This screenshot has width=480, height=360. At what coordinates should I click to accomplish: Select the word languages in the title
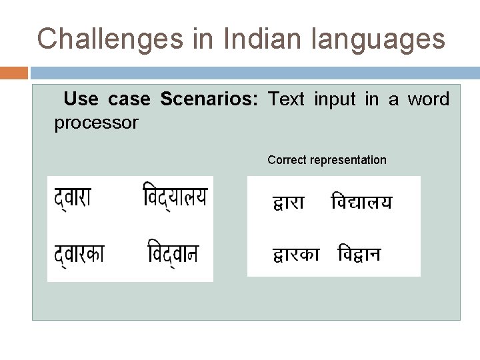[x=379, y=40]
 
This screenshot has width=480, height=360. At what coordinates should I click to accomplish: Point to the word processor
[x=96, y=123]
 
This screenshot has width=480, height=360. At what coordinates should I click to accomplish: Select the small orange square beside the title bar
[x=14, y=73]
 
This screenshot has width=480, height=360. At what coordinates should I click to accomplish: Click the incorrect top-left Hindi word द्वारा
[x=73, y=197]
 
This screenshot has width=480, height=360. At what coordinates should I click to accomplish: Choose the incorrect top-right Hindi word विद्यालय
[x=175, y=197]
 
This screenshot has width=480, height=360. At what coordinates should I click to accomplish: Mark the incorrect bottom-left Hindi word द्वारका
[x=79, y=253]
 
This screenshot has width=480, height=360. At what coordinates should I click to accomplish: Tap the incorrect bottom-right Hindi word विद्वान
[x=173, y=253]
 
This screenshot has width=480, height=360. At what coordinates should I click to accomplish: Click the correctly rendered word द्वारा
[x=289, y=203]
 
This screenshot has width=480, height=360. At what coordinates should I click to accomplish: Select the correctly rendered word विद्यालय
[x=362, y=202]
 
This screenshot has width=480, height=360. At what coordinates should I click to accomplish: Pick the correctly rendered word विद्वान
[x=359, y=255]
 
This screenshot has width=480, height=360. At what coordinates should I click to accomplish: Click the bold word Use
[x=81, y=100]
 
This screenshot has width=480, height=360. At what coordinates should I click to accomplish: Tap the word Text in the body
[x=286, y=100]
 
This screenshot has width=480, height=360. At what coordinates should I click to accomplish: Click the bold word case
[x=129, y=100]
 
